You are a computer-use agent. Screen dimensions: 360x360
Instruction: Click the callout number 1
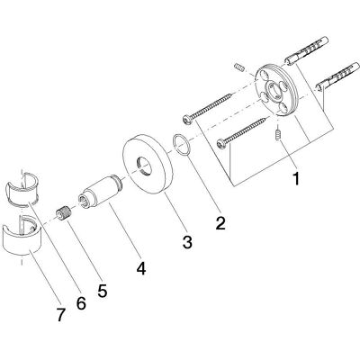[296, 178]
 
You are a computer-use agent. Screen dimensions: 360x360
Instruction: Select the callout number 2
[220, 222]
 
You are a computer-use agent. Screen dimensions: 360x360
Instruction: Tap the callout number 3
[187, 241]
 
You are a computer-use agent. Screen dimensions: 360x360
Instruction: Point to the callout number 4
[140, 267]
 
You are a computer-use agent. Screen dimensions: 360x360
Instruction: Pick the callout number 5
[102, 290]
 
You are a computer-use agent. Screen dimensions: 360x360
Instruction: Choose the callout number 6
[81, 302]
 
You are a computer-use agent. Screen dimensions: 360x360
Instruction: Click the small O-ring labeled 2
[181, 145]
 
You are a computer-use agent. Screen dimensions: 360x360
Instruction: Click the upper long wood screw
[208, 108]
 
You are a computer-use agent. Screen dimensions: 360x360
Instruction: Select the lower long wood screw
[242, 132]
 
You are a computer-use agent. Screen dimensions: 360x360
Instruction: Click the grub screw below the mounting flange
[277, 134]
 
